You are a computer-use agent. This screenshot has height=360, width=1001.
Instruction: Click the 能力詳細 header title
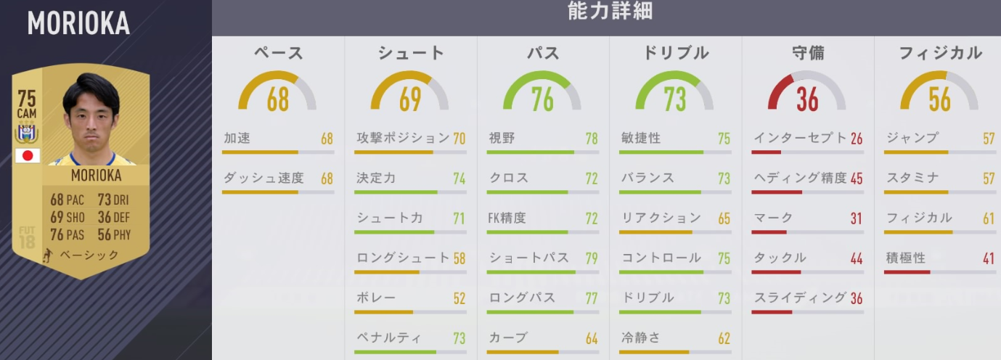pos(610,12)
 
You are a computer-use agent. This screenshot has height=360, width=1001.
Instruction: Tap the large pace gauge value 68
pos(278,99)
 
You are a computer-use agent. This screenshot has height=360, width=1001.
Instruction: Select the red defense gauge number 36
pos(807,99)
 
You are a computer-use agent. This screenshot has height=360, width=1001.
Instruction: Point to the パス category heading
pos(542,53)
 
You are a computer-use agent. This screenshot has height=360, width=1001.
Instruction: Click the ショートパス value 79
pos(592,258)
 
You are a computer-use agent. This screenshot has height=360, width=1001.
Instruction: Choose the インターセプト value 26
pos(857,138)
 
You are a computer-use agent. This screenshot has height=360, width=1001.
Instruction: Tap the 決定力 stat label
pos(376,178)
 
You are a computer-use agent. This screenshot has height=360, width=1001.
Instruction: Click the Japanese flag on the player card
pos(28,155)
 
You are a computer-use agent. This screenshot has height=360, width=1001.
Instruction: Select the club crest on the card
pos(27,133)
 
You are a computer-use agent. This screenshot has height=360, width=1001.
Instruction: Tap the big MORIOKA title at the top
pos(78,24)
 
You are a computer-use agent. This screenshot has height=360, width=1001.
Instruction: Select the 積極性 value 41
pos(989,258)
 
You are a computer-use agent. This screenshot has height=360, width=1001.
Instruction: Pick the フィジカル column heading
pos(940,53)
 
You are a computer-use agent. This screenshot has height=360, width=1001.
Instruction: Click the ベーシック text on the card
pos(89,255)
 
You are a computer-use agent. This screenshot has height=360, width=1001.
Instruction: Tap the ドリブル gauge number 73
pos(674,99)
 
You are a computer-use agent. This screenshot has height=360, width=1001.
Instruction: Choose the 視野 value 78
pos(592,138)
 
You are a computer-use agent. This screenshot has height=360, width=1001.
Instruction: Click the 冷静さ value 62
pos(724,338)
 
